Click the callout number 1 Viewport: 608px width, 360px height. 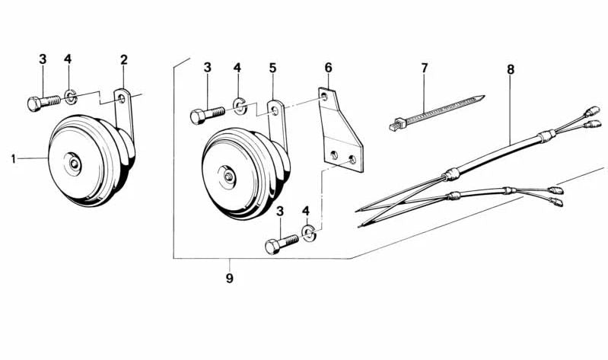coord(14,158)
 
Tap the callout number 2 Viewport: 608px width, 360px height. coord(124,59)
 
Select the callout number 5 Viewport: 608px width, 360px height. coord(273,68)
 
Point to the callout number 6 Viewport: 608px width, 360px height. coord(329,68)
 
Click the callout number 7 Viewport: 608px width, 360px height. coord(425,68)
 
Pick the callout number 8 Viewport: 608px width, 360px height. coord(511,70)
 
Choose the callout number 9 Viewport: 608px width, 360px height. coord(230,278)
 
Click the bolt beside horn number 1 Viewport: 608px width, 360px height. coord(44,102)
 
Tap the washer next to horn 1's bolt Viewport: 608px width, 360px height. coord(70,97)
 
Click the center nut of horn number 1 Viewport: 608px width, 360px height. coord(74,164)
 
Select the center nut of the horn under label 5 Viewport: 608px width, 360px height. coord(229,177)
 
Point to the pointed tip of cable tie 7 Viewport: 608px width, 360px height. coord(484,96)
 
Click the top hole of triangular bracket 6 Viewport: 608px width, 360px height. coord(324,95)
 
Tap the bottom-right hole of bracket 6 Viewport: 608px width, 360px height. coord(352,159)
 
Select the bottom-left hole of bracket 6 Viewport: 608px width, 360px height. coord(334,155)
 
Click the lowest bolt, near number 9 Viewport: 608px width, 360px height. coord(282,244)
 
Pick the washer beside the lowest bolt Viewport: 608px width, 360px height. coord(309,233)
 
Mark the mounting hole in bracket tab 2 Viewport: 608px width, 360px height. coord(122,98)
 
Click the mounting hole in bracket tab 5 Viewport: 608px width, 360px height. coord(275,111)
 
